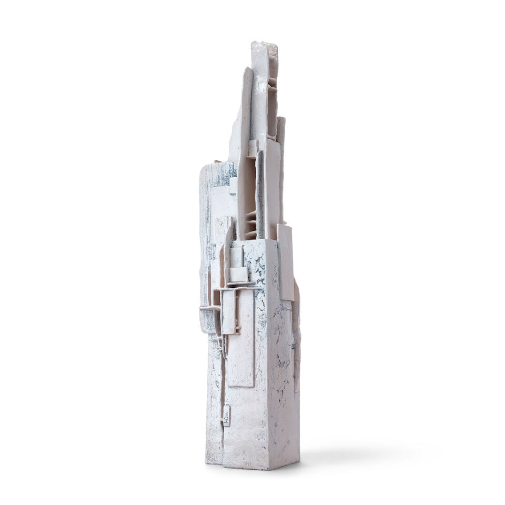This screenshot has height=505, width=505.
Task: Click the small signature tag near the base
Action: (227, 415)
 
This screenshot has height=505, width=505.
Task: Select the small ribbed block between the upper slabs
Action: (253, 148)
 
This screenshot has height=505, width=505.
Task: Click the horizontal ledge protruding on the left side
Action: (209, 308)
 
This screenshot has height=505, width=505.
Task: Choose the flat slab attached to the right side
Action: (286, 263)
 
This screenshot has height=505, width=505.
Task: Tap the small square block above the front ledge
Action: (238, 274)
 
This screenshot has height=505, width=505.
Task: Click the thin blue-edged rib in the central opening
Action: (259, 195)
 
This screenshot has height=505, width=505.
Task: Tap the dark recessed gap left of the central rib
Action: (246, 195)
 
